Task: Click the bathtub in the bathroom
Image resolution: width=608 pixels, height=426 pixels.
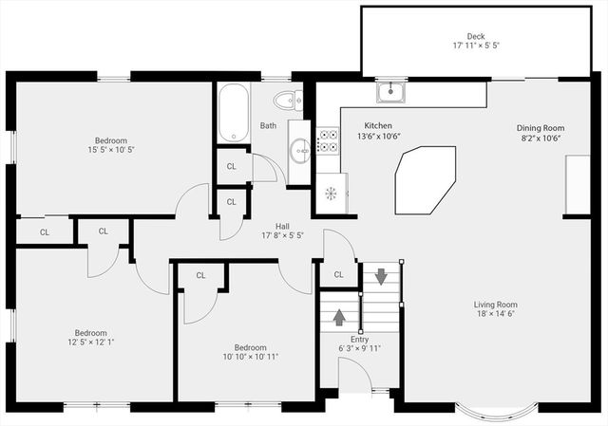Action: (x=232, y=114)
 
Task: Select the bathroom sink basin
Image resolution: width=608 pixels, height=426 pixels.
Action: (x=298, y=148)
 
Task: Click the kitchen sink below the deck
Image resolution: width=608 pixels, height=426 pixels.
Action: (x=390, y=92)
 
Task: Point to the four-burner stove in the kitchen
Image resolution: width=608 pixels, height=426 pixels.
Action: (x=328, y=141)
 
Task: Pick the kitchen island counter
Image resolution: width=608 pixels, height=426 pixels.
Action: (x=424, y=180)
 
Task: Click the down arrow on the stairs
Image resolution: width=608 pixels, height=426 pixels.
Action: (x=381, y=277)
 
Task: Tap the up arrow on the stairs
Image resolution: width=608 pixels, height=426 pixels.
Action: (x=339, y=317)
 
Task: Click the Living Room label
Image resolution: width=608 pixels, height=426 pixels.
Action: (x=496, y=305)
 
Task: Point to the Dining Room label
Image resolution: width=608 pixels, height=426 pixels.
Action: (x=540, y=128)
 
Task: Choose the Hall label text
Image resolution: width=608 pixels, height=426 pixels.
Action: (x=282, y=226)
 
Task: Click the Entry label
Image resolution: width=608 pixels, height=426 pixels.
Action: (x=359, y=339)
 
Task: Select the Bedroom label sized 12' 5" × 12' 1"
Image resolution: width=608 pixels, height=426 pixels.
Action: (x=90, y=333)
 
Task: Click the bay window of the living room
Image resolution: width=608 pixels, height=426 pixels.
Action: (x=495, y=409)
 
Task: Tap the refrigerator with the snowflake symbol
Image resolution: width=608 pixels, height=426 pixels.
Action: (x=331, y=194)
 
